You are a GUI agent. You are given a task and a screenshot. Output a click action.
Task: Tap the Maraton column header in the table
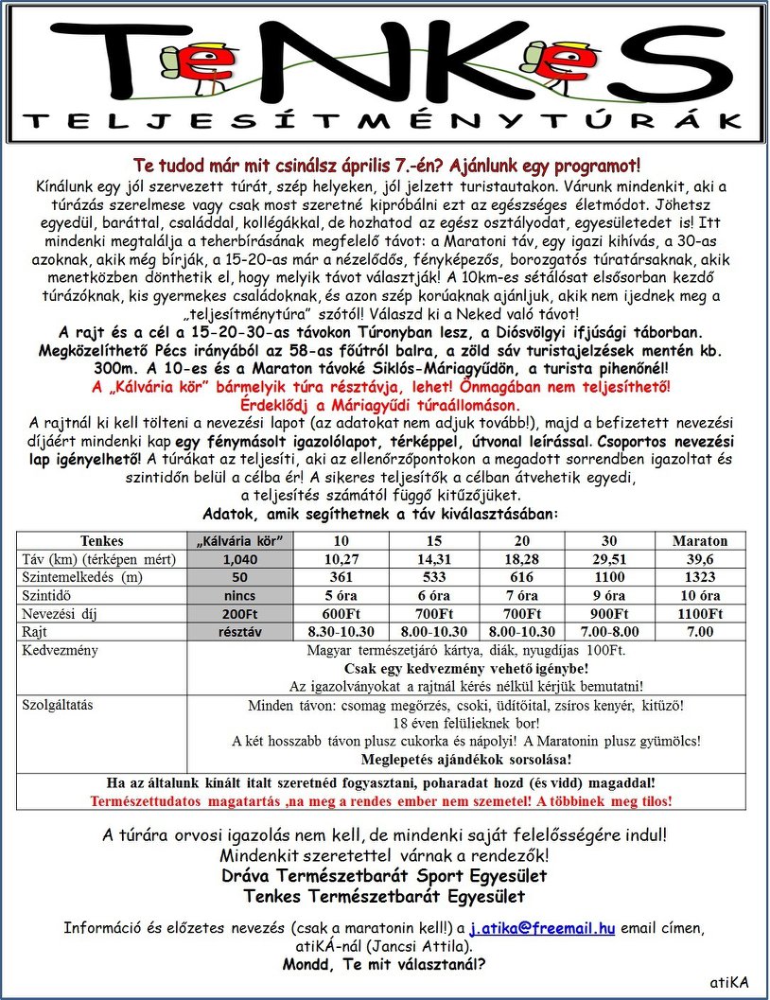[700, 541]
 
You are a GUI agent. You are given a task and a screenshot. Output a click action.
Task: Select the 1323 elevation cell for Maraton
[700, 577]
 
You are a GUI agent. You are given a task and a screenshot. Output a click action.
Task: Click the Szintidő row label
[48, 595]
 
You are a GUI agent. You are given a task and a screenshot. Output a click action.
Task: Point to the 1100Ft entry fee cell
[700, 613]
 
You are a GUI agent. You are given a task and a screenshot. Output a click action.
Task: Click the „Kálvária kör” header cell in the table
[243, 541]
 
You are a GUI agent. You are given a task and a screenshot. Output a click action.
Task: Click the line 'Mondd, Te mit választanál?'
[384, 965]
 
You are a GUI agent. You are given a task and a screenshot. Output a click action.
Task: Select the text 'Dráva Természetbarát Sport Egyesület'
[384, 875]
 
